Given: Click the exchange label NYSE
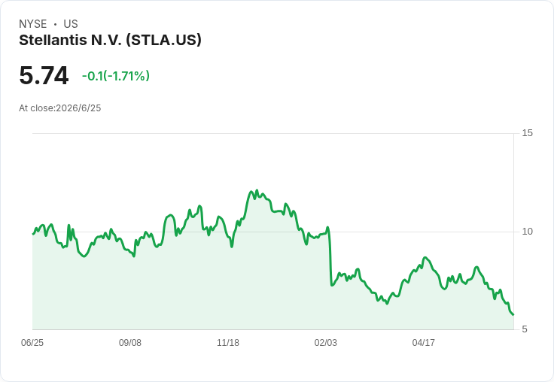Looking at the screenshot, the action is tap(33, 24).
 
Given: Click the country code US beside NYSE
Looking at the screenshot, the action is tap(71, 24).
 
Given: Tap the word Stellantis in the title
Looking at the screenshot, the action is tap(53, 40).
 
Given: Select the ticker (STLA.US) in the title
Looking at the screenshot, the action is tap(163, 41).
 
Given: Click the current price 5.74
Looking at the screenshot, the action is tap(44, 75).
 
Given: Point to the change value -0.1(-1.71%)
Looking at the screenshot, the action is tap(116, 76).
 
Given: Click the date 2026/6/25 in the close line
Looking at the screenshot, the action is tap(78, 108).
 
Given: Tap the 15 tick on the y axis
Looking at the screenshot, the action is tap(527, 133).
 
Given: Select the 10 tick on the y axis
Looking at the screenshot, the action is tap(527, 232).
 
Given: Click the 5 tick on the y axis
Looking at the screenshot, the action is tap(525, 329).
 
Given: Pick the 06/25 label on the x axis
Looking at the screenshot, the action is tap(32, 343).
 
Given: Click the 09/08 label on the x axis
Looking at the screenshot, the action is tap(130, 343).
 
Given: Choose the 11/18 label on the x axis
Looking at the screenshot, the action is tap(228, 343).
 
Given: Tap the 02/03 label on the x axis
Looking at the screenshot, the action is tap(326, 343).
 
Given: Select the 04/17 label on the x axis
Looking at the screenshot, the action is tap(423, 343).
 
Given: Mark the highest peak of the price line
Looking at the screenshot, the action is tap(257, 190).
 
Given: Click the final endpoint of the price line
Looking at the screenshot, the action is tap(513, 314).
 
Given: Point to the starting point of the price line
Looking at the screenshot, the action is tap(33, 234).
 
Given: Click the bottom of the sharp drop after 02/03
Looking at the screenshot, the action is tap(332, 285).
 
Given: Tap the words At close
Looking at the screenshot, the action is tap(35, 108).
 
